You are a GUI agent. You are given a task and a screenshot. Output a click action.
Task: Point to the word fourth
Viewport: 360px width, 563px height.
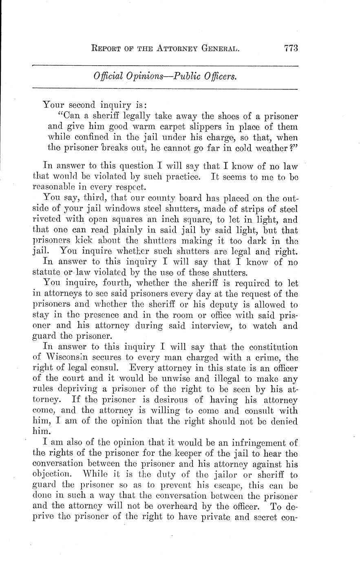pos(105,283)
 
